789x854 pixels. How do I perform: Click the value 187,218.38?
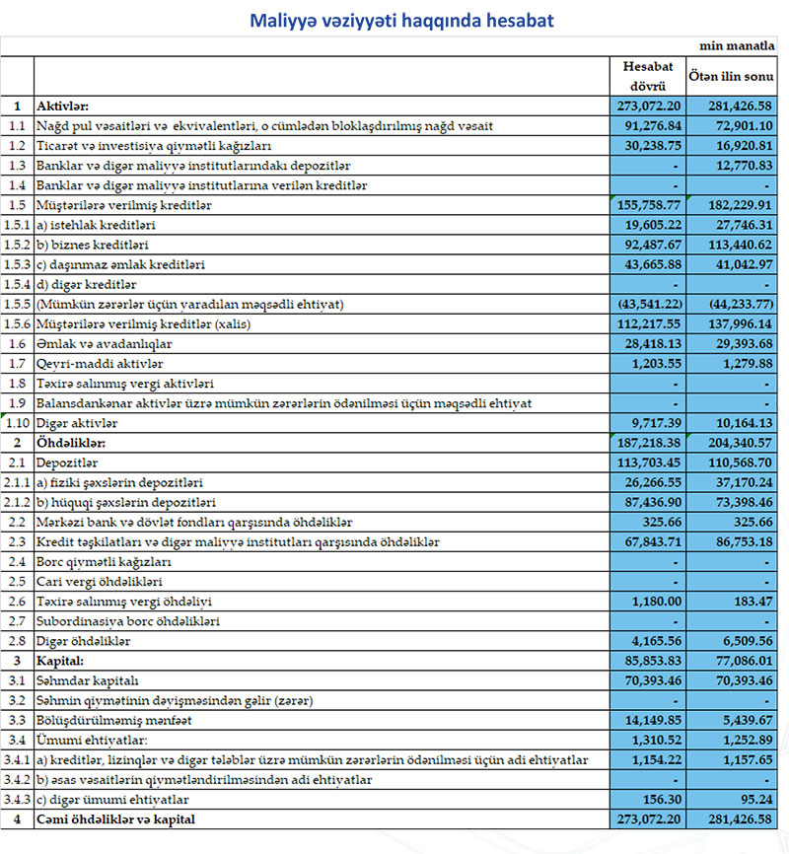[x=649, y=443]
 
